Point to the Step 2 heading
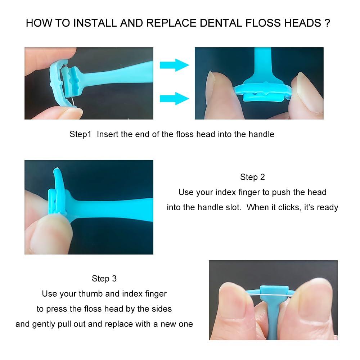(252, 177)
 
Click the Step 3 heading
(104, 278)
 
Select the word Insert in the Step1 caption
(108, 134)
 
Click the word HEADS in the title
(302, 23)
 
